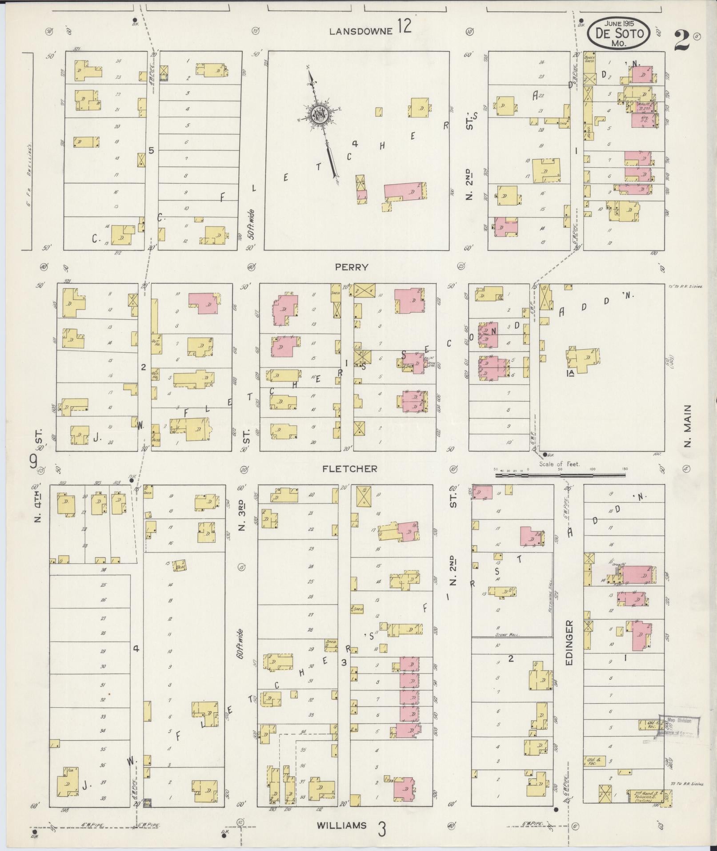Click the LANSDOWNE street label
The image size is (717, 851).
click(361, 31)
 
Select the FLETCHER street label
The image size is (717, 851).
click(350, 469)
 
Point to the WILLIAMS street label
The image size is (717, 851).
click(342, 826)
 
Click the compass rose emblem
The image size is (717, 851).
click(319, 115)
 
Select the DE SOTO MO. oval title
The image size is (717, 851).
click(618, 33)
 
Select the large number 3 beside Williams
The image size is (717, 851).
click(381, 829)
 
